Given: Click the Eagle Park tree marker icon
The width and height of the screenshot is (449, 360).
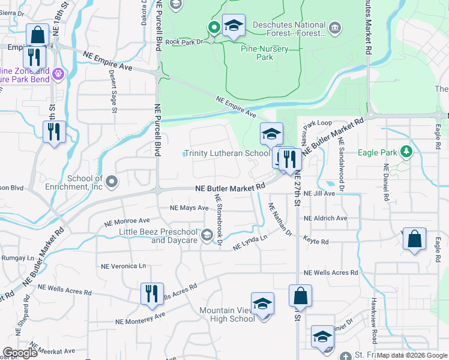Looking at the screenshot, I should click(x=406, y=152).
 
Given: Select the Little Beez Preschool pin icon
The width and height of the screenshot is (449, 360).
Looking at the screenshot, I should click(x=208, y=234).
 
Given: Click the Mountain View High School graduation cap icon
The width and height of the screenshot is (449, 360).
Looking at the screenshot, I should click(x=262, y=304).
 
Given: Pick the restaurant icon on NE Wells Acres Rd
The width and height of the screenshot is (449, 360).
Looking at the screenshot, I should click(x=151, y=293).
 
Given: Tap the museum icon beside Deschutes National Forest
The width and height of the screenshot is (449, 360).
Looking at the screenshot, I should click(x=335, y=27).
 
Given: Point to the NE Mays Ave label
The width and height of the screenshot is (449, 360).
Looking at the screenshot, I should click(x=188, y=208).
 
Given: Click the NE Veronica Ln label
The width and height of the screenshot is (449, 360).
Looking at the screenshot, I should click(x=123, y=266).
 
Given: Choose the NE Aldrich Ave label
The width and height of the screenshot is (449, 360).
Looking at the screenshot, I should click(x=325, y=218).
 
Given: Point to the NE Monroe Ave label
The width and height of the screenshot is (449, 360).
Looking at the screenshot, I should click(x=127, y=221).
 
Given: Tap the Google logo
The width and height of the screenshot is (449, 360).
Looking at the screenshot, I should click(x=20, y=353).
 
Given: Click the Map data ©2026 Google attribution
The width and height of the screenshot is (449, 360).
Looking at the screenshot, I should click(x=412, y=355).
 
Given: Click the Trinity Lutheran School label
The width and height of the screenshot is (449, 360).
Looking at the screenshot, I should click(x=227, y=153).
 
